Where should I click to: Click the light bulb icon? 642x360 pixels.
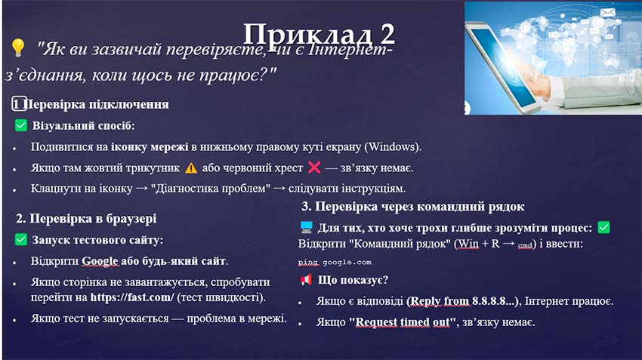click(19, 49)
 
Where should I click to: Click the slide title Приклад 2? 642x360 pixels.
click(319, 34)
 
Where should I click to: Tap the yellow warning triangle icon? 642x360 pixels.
click(191, 168)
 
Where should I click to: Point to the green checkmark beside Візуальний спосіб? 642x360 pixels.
click(21, 126)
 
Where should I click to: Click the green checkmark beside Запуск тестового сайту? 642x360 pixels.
click(21, 240)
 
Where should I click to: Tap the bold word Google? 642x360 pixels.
click(100, 261)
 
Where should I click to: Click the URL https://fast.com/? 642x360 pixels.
click(132, 297)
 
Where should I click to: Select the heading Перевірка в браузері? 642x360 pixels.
click(87, 219)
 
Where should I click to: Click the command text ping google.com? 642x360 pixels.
click(335, 263)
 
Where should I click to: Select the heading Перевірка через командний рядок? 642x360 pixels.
click(412, 207)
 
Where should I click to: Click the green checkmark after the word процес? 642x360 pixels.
click(603, 227)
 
